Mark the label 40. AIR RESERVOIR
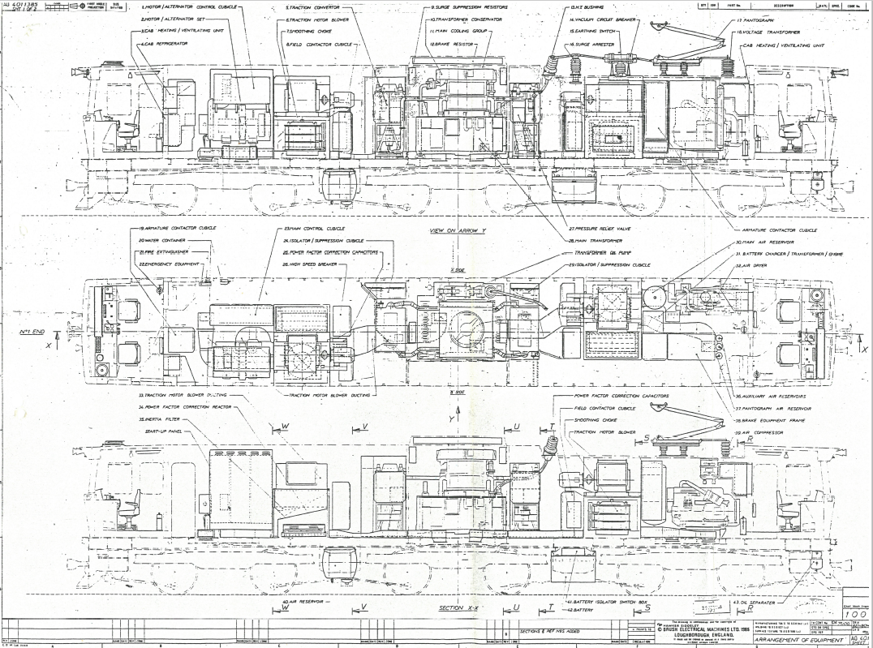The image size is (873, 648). coord(306,603)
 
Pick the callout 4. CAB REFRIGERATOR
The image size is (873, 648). coord(164,42)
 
